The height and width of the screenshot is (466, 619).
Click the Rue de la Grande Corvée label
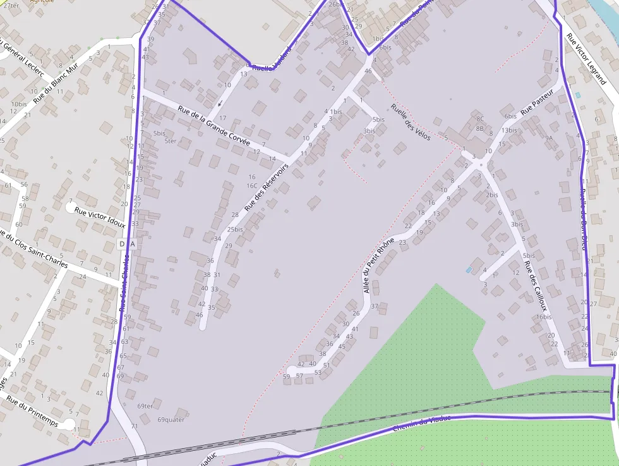[214, 125]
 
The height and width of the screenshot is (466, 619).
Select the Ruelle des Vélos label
[411, 121]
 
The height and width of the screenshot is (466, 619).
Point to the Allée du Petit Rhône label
[378, 265]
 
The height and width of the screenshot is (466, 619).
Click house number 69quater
[171, 419]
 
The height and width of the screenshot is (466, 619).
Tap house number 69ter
[145, 406]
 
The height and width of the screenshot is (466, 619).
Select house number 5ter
[170, 141]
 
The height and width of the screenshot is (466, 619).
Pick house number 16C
[252, 186]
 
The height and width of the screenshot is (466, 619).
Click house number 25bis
[235, 230]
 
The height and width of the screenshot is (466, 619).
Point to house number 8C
[480, 118]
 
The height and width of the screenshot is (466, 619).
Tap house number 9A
[549, 138]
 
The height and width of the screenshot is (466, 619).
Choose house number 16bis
[543, 317]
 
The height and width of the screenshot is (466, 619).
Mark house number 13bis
[509, 130]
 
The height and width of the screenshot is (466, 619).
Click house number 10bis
[19, 104]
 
